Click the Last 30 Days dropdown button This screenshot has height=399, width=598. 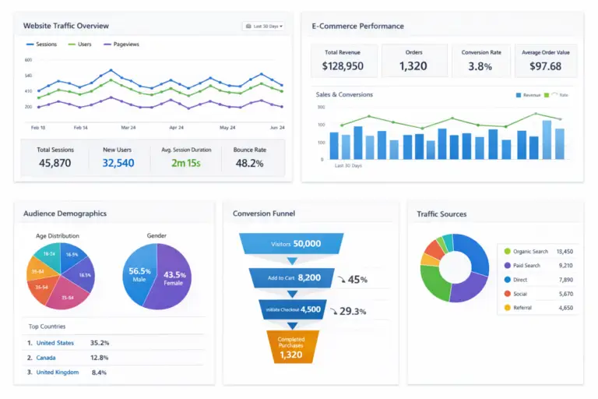point(264,26)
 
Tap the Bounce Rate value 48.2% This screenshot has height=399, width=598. point(248,163)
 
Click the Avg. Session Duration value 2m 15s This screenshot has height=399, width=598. point(186,163)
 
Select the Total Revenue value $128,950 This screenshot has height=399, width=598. point(343,66)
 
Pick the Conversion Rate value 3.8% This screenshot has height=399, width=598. point(480,66)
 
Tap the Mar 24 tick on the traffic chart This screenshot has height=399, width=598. point(129,127)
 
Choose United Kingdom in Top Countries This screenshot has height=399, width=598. point(57,373)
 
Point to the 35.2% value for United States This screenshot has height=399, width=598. point(99,343)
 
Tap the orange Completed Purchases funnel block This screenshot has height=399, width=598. point(292,347)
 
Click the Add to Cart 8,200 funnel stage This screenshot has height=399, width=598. point(292,277)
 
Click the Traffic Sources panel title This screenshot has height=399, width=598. point(441,214)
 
